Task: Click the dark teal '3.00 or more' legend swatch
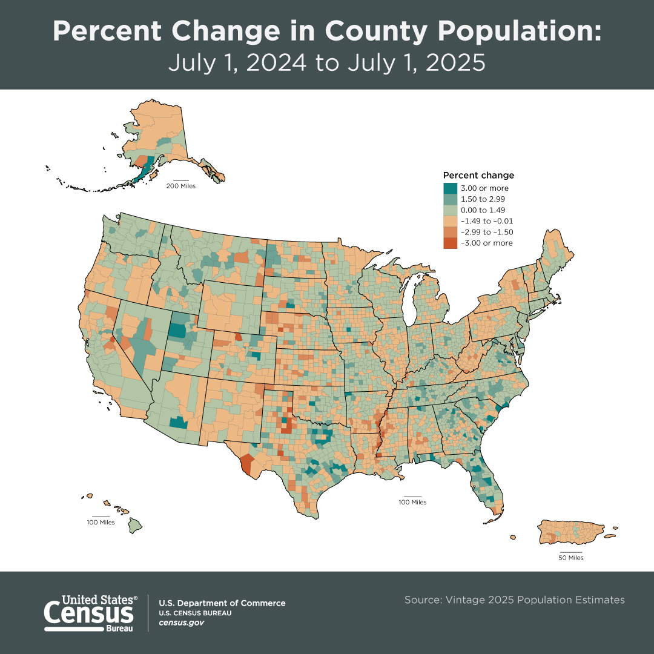point(450,188)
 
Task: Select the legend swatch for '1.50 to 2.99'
point(450,199)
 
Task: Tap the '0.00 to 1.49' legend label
point(483,210)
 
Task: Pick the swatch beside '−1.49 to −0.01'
point(450,221)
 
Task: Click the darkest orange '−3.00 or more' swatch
point(450,243)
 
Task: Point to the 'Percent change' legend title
point(478,176)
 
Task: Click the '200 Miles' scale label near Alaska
point(181,186)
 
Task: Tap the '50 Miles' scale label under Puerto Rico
point(570,558)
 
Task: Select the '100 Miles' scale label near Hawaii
point(101,522)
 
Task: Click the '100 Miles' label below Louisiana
point(412,503)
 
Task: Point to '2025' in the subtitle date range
point(452,63)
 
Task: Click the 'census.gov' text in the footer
point(181,623)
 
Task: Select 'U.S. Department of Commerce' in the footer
point(222,603)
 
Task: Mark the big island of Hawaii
point(138,525)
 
